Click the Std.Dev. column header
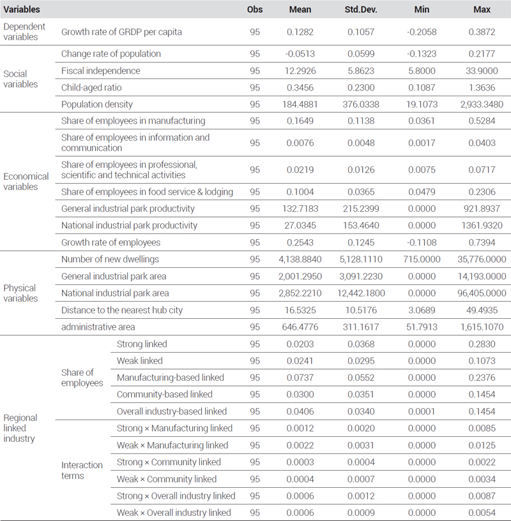click(361, 10)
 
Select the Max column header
click(482, 10)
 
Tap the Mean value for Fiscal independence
click(300, 71)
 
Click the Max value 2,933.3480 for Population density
click(482, 105)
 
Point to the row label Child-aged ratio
click(91, 88)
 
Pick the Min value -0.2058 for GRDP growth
click(422, 32)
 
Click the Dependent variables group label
click(24, 31)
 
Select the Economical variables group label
click(26, 181)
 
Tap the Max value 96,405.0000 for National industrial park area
click(482, 293)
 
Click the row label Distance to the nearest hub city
click(122, 311)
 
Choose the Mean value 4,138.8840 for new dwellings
click(300, 259)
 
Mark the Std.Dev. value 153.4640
click(361, 225)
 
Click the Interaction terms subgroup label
click(82, 470)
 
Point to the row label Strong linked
click(142, 344)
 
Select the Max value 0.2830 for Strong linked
click(482, 344)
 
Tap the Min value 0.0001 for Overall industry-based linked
click(422, 411)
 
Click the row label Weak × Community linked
click(167, 479)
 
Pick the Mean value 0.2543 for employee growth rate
click(300, 242)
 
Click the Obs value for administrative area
click(255, 327)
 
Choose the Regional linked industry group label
click(20, 428)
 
